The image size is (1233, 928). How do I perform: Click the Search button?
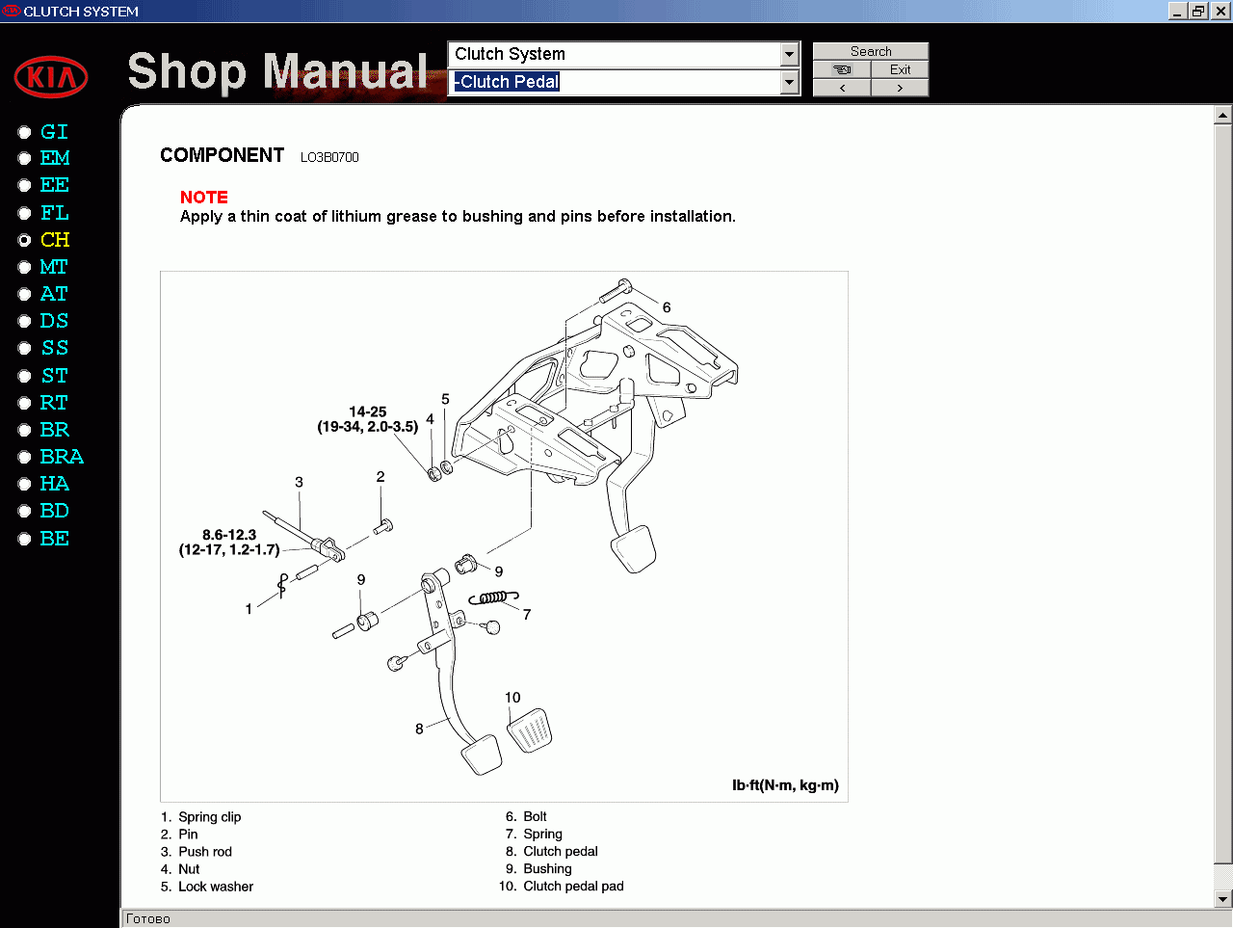[x=871, y=51]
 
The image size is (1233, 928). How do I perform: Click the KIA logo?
[x=51, y=77]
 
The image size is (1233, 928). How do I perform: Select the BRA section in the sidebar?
[x=62, y=457]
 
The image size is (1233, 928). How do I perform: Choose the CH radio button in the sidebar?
[x=25, y=240]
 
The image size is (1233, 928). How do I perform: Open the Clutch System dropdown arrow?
[x=790, y=54]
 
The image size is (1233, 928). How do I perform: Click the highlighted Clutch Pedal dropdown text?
[x=507, y=82]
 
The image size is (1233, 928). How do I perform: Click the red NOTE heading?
[x=204, y=197]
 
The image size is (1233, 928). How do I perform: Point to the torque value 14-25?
[x=368, y=411]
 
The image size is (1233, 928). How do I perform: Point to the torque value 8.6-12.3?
[x=229, y=535]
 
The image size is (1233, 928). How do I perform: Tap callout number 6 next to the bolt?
[x=667, y=307]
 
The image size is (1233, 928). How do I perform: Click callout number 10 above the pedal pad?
[x=512, y=698]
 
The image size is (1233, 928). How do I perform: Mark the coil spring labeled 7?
[x=493, y=598]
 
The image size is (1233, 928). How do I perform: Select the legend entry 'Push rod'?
[x=205, y=852]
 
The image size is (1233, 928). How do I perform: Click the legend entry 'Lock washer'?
[x=216, y=887]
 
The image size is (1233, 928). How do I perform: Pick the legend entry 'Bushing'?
[x=547, y=869]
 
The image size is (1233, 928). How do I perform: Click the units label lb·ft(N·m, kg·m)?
[x=785, y=785]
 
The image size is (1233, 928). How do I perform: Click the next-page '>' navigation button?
[x=900, y=88]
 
